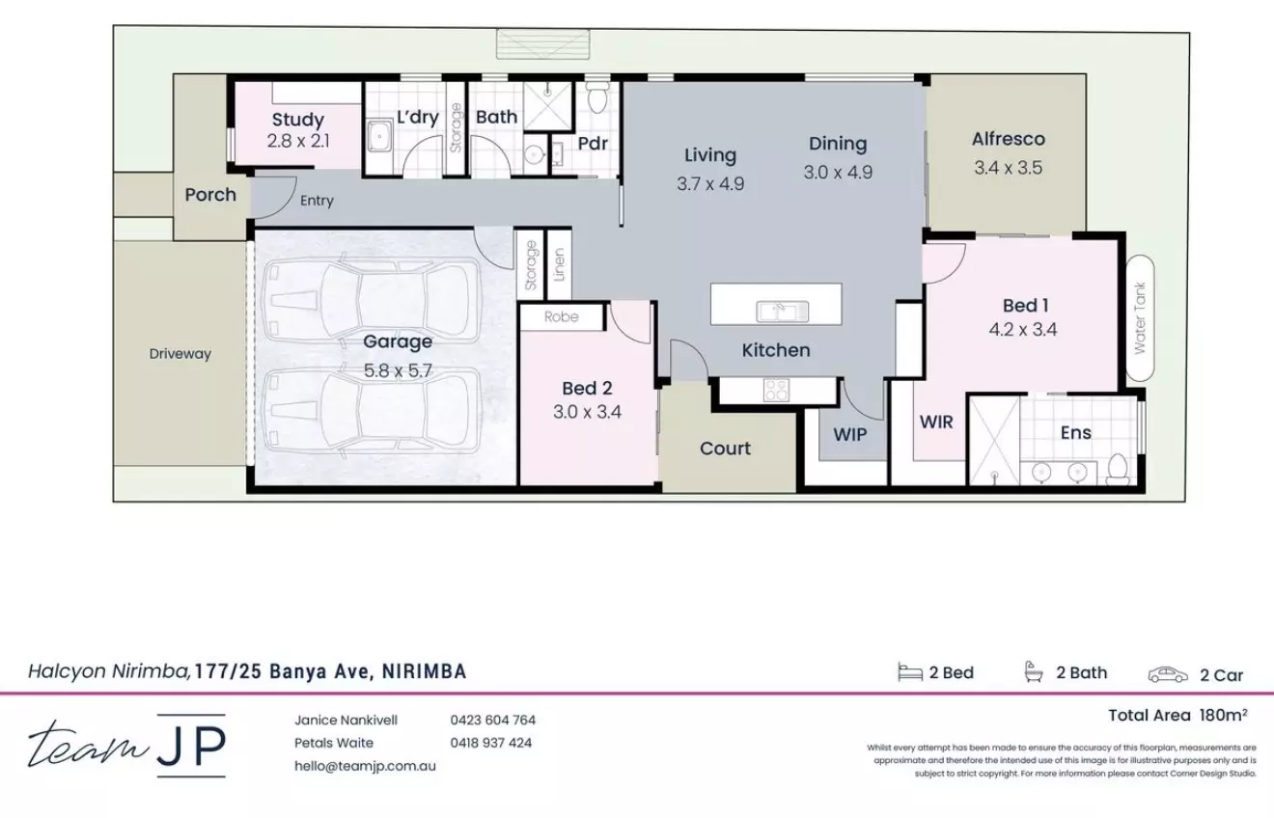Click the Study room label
[297, 121]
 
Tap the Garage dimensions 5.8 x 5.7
[397, 368]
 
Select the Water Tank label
[1140, 317]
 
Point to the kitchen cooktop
[776, 390]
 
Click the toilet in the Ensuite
[1118, 469]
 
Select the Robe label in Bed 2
[561, 316]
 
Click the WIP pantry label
[849, 434]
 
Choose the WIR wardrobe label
[936, 422]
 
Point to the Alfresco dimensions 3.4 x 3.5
[1008, 168]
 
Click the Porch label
[210, 195]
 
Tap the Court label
[725, 449]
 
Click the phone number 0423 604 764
[492, 720]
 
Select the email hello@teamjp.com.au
[365, 766]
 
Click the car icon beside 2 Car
[1167, 674]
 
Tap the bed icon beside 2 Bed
[909, 673]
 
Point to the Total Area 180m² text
[1177, 715]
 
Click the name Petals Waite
[333, 743]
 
